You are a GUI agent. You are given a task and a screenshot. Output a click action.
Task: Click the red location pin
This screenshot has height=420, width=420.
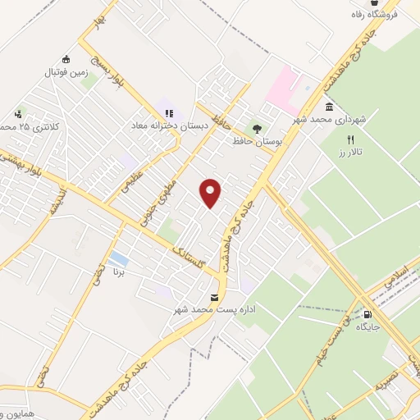coord(211,193)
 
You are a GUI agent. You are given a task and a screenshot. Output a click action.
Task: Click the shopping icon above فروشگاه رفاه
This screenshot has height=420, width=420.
coord(374,3)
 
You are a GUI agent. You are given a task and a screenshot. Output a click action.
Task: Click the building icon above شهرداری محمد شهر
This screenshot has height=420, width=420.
coord(329,107)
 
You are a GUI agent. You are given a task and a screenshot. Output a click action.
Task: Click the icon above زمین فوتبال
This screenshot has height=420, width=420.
coord(66,59)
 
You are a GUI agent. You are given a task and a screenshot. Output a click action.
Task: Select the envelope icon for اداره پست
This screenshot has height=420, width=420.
coord(215,297)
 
